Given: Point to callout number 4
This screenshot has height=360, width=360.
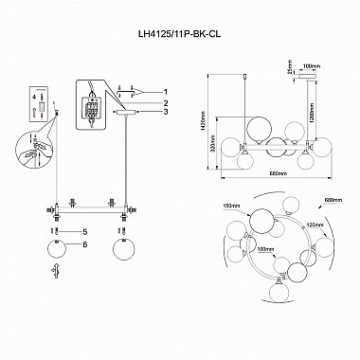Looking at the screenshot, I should pyautogui.click(x=31, y=97).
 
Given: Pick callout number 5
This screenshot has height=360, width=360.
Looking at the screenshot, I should pyautogui.click(x=83, y=231).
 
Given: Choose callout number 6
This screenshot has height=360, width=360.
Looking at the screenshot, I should pyautogui.click(x=83, y=243).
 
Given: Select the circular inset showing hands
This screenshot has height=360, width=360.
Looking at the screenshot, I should pyautogui.click(x=34, y=143).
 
